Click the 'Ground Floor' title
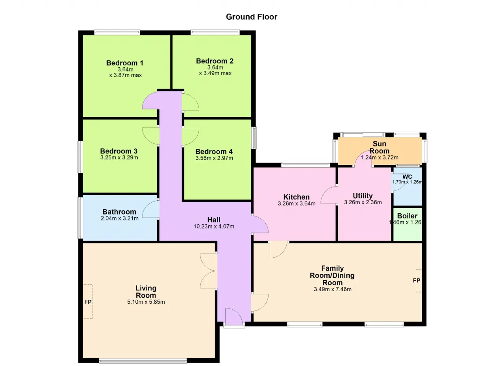252,17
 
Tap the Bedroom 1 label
125,63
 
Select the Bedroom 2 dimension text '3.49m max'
218,73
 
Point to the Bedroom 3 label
119,151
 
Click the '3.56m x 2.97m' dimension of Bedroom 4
214,158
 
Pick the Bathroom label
119,212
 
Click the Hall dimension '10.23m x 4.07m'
214,226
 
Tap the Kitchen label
296,197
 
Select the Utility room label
363,196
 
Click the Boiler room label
407,216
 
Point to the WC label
407,176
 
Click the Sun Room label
379,147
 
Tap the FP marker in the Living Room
88,302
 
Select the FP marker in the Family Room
417,281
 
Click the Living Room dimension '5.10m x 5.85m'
146,302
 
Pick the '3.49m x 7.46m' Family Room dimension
333,289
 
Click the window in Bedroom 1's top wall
117,32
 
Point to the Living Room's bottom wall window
143,361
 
